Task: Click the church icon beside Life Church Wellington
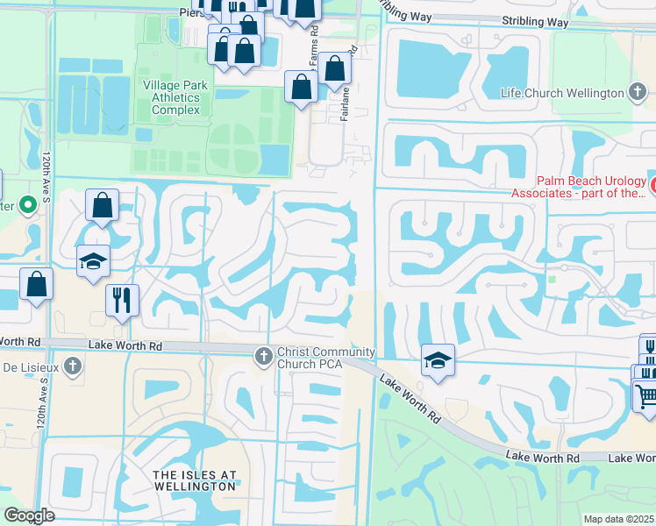click(x=638, y=93)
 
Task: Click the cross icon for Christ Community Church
click(x=262, y=356)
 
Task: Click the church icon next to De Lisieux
click(x=74, y=366)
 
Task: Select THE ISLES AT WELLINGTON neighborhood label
click(x=195, y=481)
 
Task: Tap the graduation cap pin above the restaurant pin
click(x=93, y=261)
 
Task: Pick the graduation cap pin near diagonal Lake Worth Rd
click(x=438, y=360)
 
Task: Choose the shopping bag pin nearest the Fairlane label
click(x=334, y=68)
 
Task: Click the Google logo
click(x=29, y=515)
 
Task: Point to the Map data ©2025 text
click(x=618, y=519)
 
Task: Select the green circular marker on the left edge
click(x=27, y=206)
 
